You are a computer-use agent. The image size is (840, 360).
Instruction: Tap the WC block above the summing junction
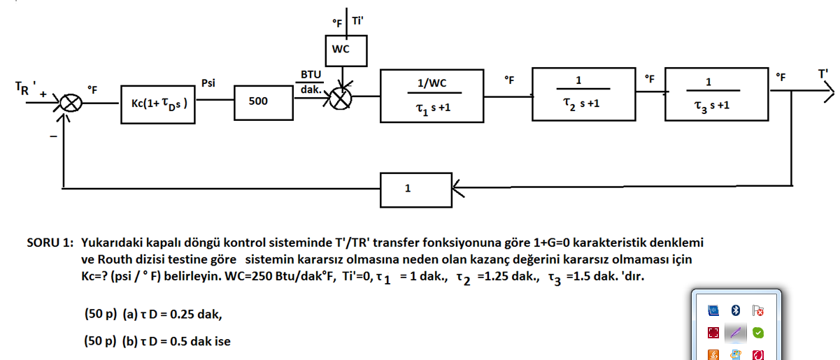(x=341, y=49)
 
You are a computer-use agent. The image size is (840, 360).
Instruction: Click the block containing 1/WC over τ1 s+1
(x=432, y=94)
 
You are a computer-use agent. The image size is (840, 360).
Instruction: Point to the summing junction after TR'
(x=71, y=103)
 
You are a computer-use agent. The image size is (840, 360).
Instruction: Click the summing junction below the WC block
(x=341, y=99)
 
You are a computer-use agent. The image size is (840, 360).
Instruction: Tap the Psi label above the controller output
(x=209, y=83)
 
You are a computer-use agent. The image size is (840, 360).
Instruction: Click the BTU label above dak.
(x=311, y=74)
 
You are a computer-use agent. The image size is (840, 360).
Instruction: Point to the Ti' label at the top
(x=358, y=22)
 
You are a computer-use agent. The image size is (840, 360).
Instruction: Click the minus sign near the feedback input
(x=53, y=137)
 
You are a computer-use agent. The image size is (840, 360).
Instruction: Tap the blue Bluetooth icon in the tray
(x=735, y=310)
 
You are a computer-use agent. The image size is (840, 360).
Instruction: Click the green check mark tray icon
(x=758, y=332)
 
